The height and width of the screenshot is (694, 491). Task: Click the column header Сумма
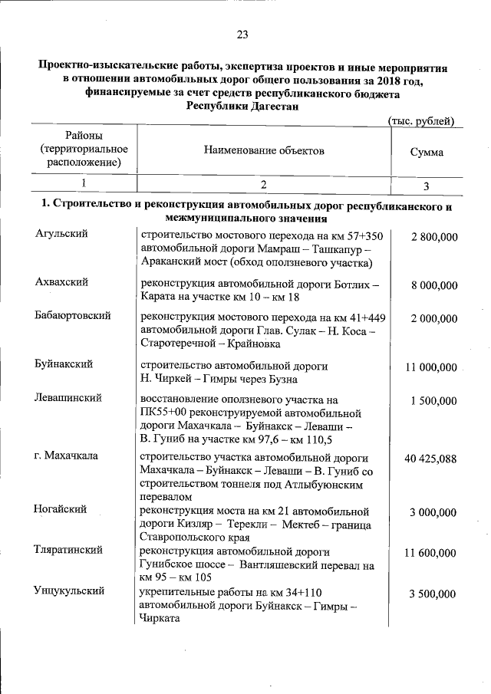(x=427, y=152)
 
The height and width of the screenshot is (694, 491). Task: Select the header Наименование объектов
(x=264, y=150)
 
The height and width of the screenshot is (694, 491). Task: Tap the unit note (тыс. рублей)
(x=421, y=122)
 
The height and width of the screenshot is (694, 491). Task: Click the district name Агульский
(x=61, y=234)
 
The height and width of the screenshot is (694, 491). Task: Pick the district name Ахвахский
(x=61, y=282)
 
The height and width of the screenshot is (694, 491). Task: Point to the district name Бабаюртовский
(x=73, y=315)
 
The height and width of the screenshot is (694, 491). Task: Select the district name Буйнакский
(x=64, y=366)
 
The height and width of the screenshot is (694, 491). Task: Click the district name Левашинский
(x=68, y=398)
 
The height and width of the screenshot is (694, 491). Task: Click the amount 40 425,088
(x=430, y=459)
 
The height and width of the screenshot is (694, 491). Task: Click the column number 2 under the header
(x=263, y=185)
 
